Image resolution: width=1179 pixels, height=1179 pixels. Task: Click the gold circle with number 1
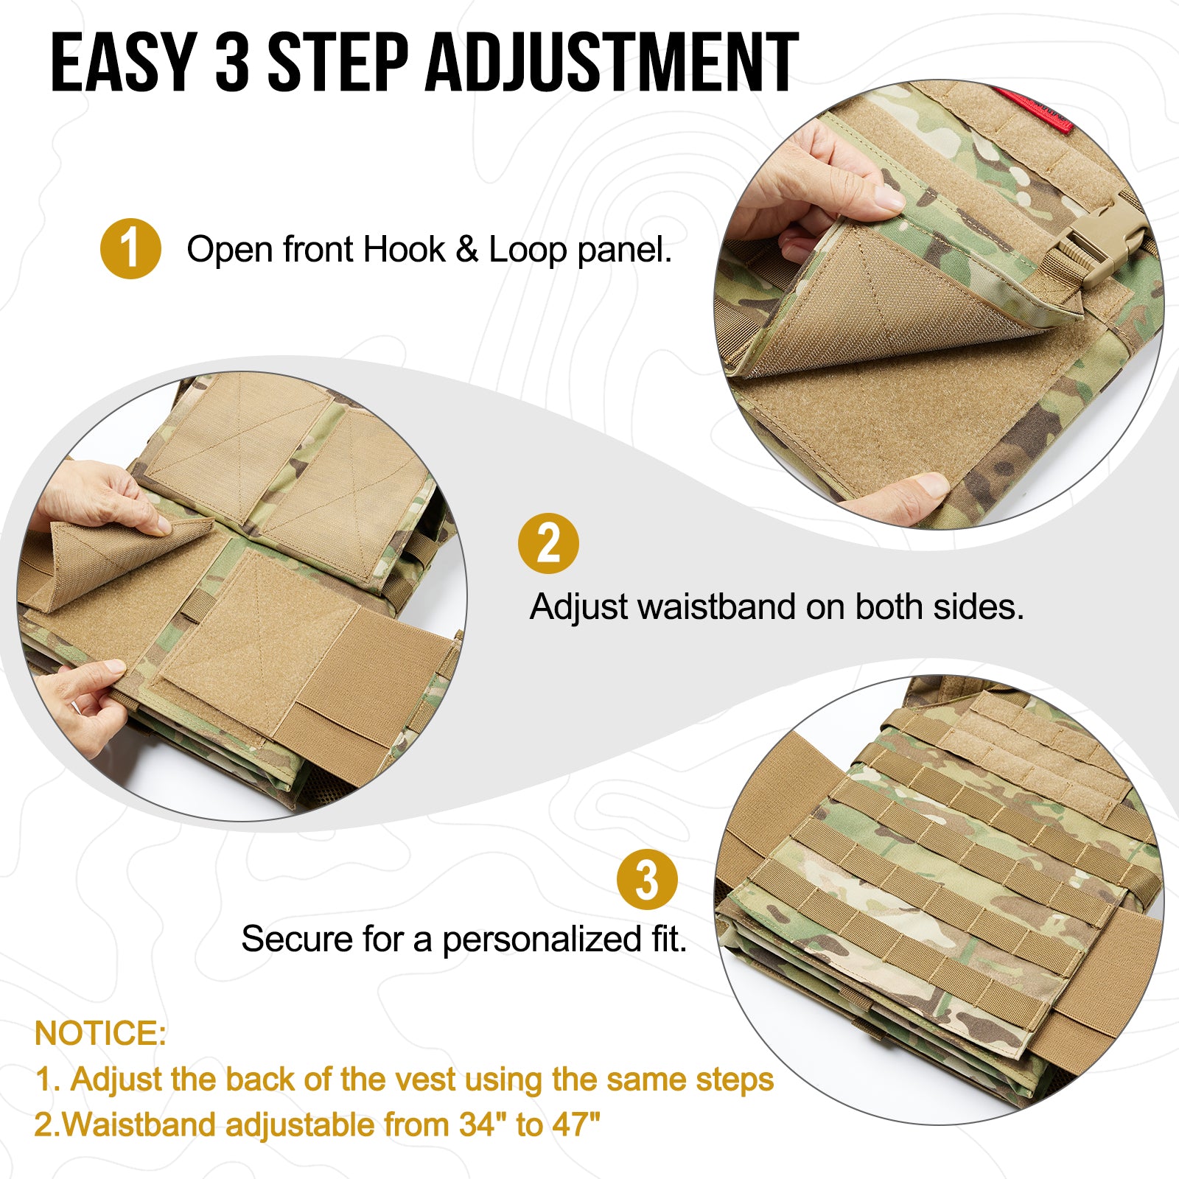(x=130, y=249)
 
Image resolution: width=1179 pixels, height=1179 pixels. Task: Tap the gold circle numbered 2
(x=548, y=544)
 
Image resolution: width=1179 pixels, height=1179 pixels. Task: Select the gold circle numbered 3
(x=647, y=880)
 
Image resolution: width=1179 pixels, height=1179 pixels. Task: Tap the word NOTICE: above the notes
(x=100, y=1033)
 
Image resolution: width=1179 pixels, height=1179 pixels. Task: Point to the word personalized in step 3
(x=542, y=940)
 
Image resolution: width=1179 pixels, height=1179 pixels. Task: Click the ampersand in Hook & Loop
(x=467, y=250)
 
